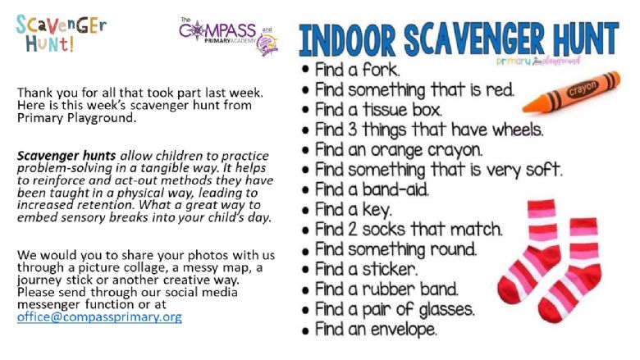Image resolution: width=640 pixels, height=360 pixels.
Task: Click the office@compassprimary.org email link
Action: pyautogui.click(x=99, y=317)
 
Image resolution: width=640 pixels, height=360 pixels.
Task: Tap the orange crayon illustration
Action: pyautogui.click(x=571, y=92)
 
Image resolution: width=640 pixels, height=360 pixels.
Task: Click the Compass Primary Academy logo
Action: pyautogui.click(x=229, y=36)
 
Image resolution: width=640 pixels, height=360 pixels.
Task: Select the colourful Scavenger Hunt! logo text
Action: pyautogui.click(x=62, y=34)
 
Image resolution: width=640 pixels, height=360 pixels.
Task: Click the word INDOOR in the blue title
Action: pyautogui.click(x=347, y=40)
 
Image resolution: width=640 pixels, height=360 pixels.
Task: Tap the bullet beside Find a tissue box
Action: pyautogui.click(x=305, y=111)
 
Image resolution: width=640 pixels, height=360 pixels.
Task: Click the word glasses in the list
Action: pyautogui.click(x=447, y=310)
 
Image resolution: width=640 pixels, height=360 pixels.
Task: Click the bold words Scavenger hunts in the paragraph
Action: pyautogui.click(x=66, y=156)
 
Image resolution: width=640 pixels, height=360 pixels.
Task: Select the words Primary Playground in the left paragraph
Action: pyautogui.click(x=76, y=118)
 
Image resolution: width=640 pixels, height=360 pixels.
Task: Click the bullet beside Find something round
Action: pyautogui.click(x=305, y=250)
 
